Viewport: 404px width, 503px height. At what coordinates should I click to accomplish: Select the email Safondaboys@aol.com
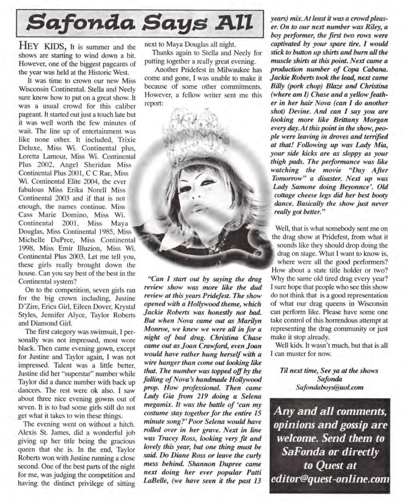pos(329,387)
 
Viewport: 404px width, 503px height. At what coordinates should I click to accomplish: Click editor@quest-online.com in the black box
pos(330,478)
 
